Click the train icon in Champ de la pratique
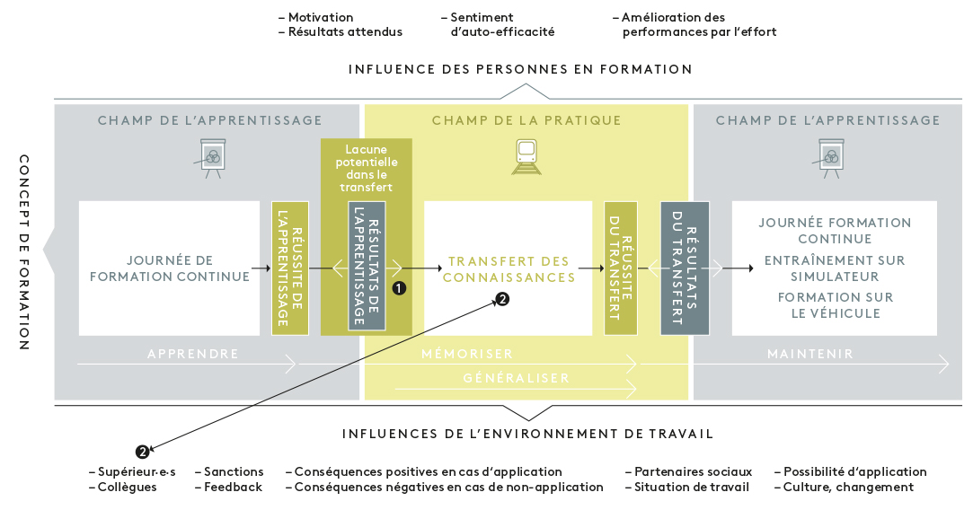coord(526,156)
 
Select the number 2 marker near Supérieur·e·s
coord(142,451)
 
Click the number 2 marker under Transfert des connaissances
coord(502,300)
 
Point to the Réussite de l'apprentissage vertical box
coord(289,268)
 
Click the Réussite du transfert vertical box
coord(621,268)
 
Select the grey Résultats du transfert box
coord(685,268)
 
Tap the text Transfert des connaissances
coord(509,269)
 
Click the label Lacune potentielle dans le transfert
coord(367,169)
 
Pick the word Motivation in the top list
coord(320,17)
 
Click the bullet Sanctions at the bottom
coord(233,471)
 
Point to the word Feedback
coord(233,487)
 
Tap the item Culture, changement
coord(848,487)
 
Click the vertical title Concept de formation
coord(24,252)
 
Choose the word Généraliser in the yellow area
coord(516,378)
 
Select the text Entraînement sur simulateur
coord(835,268)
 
